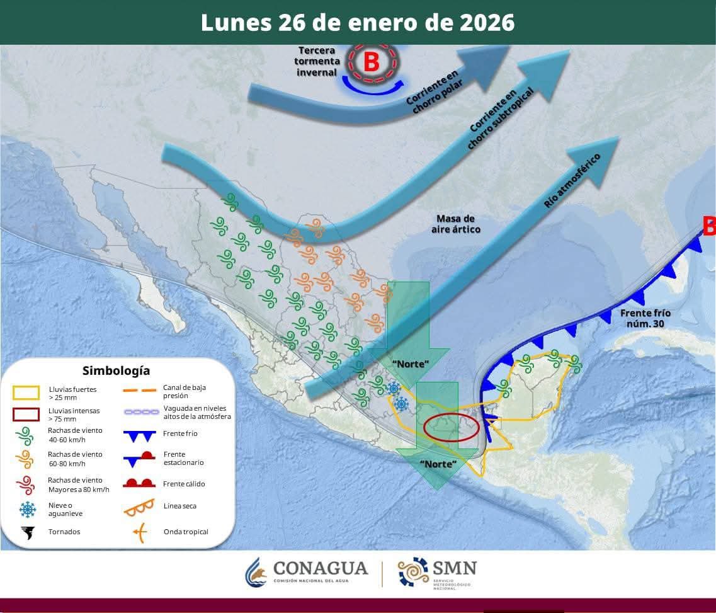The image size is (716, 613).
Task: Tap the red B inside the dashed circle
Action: [372, 62]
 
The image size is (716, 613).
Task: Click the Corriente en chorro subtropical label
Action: [501, 118]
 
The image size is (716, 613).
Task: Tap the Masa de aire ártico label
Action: [455, 224]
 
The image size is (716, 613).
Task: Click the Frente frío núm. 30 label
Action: [645, 318]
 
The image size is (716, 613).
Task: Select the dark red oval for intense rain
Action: [451, 427]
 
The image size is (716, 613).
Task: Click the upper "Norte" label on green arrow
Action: [410, 364]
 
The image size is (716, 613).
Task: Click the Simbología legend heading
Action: [116, 370]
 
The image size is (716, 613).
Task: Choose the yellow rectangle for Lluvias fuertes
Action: [26, 392]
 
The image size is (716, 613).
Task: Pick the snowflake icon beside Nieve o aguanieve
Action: [28, 509]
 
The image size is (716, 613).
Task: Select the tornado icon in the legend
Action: [28, 532]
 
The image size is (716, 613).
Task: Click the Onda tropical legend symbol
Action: [140, 532]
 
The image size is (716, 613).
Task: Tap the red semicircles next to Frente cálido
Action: [140, 483]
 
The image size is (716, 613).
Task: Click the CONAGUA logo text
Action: [320, 568]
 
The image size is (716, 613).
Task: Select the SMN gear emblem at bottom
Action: [412, 571]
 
